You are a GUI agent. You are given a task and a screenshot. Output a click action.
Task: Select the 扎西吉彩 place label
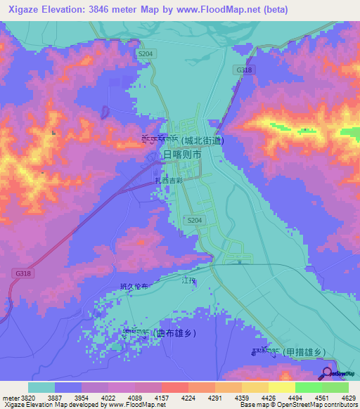tap(167, 181)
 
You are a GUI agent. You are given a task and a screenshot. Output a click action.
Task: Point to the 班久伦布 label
tap(135, 286)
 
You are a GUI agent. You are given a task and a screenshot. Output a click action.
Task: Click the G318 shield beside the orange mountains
tap(244, 70)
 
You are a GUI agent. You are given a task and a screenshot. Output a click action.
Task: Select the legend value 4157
tap(161, 398)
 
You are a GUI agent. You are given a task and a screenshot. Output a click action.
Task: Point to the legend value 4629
tap(348, 398)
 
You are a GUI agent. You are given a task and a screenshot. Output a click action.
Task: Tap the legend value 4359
tap(241, 398)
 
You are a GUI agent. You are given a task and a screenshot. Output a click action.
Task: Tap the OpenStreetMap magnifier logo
tap(327, 373)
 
